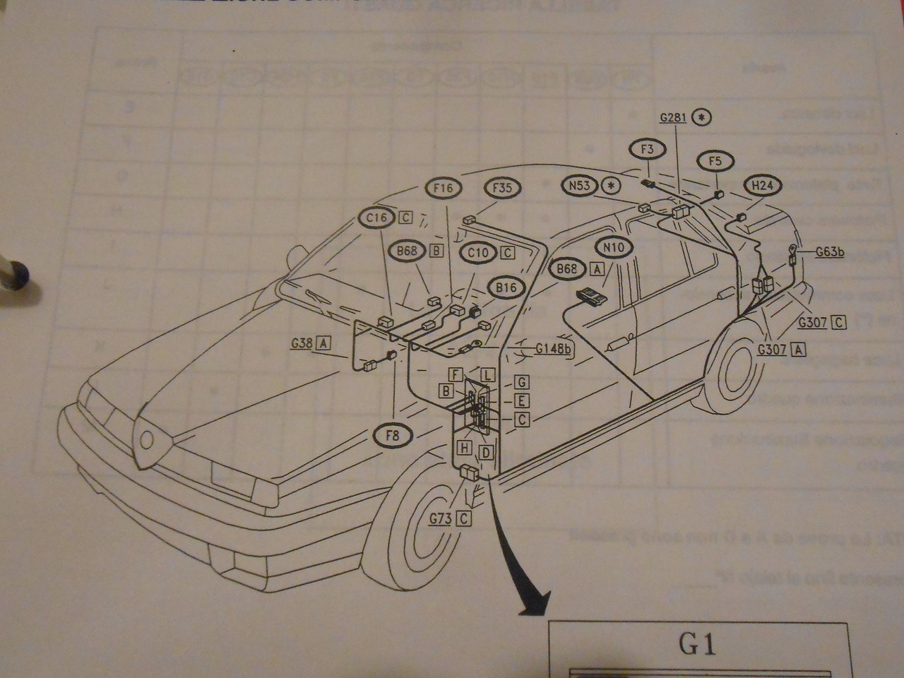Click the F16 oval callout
[444, 188]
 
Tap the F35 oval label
[502, 188]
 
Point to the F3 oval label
[648, 150]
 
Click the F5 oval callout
[715, 162]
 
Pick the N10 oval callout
[614, 247]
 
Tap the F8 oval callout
[393, 436]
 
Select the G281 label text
[673, 117]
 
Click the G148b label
[553, 348]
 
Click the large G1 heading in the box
[698, 645]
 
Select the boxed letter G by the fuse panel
[522, 382]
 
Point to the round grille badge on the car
[148, 439]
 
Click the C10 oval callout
[478, 252]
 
